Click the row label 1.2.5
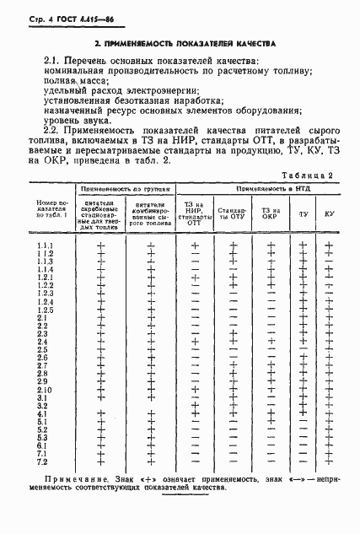pyautogui.click(x=45, y=310)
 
